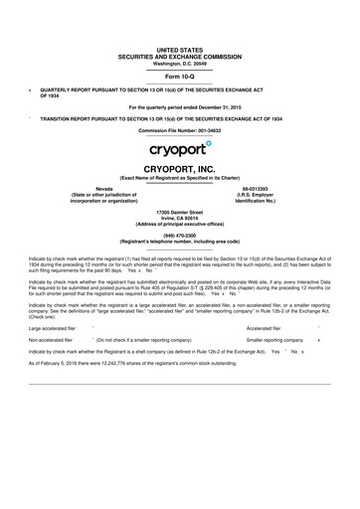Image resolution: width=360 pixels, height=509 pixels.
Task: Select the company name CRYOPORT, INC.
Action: click(180, 170)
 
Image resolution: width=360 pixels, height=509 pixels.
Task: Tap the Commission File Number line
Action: click(180, 131)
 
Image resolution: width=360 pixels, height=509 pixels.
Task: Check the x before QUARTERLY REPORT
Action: click(31, 87)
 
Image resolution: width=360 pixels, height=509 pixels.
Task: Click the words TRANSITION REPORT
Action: click(69, 118)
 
